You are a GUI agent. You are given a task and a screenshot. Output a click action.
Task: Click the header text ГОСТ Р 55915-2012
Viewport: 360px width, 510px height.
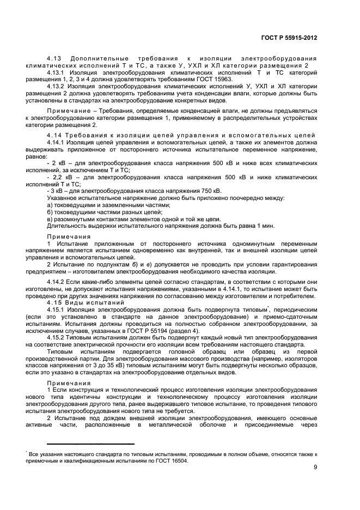289,38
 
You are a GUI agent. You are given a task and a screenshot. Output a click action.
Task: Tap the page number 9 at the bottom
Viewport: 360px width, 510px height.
315,467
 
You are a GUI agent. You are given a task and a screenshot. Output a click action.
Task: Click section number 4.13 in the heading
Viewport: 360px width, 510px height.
54,58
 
